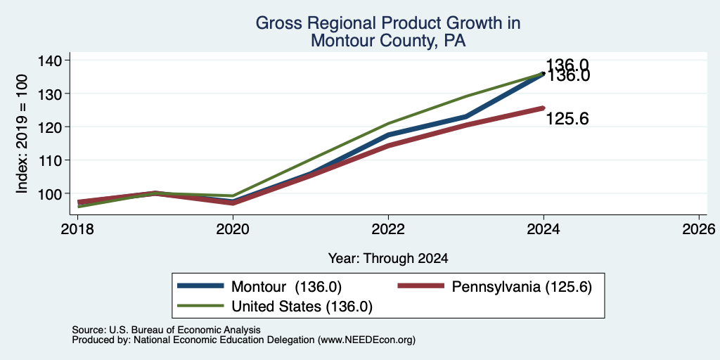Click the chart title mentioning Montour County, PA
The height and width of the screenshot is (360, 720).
point(388,32)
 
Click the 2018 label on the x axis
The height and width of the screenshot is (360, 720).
point(77,229)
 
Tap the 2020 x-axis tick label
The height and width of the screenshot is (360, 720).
point(233,229)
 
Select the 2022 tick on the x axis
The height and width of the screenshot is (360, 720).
point(388,229)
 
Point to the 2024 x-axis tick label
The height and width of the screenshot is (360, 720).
point(544,229)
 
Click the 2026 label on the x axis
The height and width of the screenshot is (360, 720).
point(699,229)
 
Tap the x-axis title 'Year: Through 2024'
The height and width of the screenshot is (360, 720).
point(388,259)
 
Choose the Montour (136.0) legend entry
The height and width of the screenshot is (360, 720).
point(259,287)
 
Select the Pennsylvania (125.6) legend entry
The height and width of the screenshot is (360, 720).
point(494,287)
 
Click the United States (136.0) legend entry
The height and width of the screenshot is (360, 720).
point(275,307)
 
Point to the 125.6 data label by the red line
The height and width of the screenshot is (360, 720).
point(567,120)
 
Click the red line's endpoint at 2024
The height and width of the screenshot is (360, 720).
point(544,108)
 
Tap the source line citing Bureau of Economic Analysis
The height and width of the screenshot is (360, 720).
point(166,330)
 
